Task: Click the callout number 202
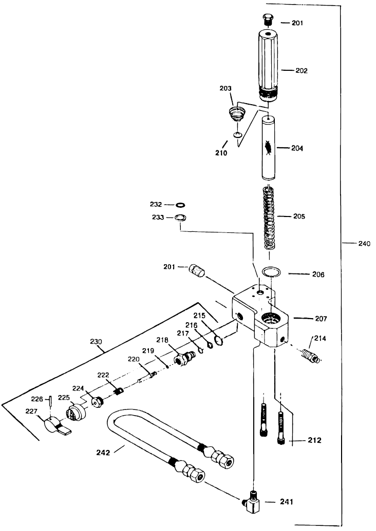coord(302,71)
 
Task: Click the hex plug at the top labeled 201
coord(267,21)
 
